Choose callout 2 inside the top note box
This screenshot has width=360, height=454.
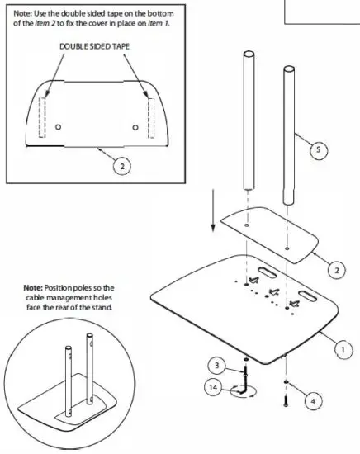(x=121, y=165)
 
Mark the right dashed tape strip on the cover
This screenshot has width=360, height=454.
(x=150, y=115)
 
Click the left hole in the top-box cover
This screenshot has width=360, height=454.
(x=59, y=127)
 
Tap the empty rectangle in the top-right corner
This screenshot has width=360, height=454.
(x=323, y=11)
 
